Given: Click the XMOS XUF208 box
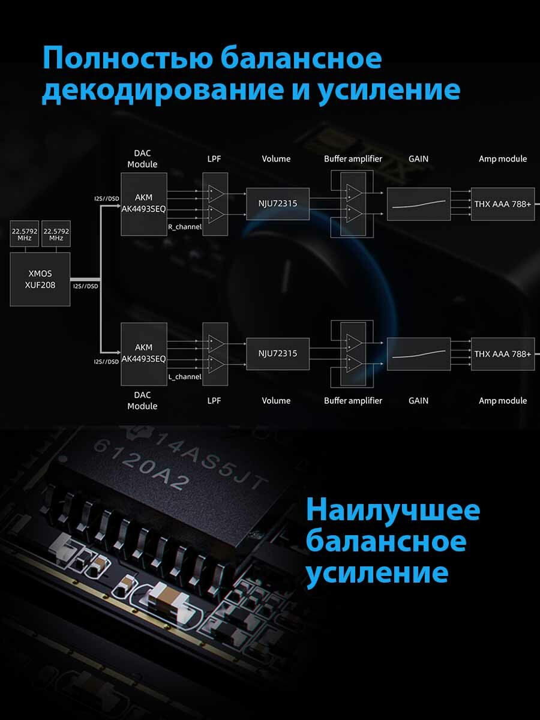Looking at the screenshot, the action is pyautogui.click(x=40, y=280).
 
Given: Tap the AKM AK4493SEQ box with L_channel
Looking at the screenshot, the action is pyautogui.click(x=143, y=354).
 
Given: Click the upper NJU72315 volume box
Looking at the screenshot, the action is pyautogui.click(x=278, y=203).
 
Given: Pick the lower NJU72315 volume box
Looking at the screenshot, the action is pyautogui.click(x=278, y=353).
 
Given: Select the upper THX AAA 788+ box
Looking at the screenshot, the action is pyautogui.click(x=502, y=203).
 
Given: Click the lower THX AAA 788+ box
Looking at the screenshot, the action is pyautogui.click(x=502, y=354).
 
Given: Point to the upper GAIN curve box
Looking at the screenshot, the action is pyautogui.click(x=419, y=203).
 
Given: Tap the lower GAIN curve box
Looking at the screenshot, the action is pyautogui.click(x=419, y=354).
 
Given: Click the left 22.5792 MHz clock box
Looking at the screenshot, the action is pyautogui.click(x=24, y=234).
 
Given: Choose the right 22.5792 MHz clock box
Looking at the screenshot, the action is pyautogui.click(x=56, y=234).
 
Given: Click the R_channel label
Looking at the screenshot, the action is pyautogui.click(x=185, y=227).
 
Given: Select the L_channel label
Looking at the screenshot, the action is pyautogui.click(x=185, y=377).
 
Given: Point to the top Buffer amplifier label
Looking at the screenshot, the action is pyautogui.click(x=353, y=159).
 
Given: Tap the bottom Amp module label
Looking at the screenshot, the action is pyautogui.click(x=503, y=401).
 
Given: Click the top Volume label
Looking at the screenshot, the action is pyautogui.click(x=276, y=159).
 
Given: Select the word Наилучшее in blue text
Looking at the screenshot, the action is pyautogui.click(x=393, y=511).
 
